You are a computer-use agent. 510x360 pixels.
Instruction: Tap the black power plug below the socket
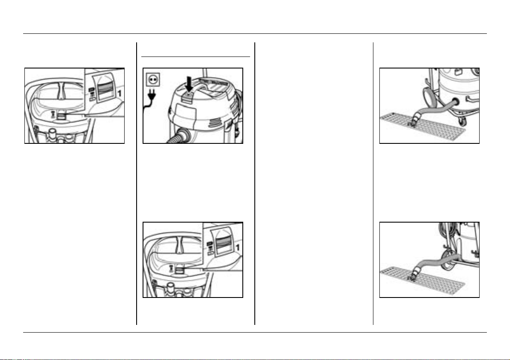[152, 95]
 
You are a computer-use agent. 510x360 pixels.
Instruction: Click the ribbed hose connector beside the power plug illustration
[178, 136]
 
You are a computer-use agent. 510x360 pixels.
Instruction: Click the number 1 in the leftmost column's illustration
[119, 94]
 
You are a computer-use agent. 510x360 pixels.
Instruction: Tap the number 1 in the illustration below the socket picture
[237, 248]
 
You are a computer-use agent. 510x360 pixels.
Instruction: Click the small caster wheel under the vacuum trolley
[462, 122]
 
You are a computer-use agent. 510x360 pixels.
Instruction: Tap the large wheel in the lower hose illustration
[447, 261]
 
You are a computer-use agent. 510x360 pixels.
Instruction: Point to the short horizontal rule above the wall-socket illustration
[195, 57]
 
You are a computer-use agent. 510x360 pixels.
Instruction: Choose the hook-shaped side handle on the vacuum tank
[472, 99]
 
